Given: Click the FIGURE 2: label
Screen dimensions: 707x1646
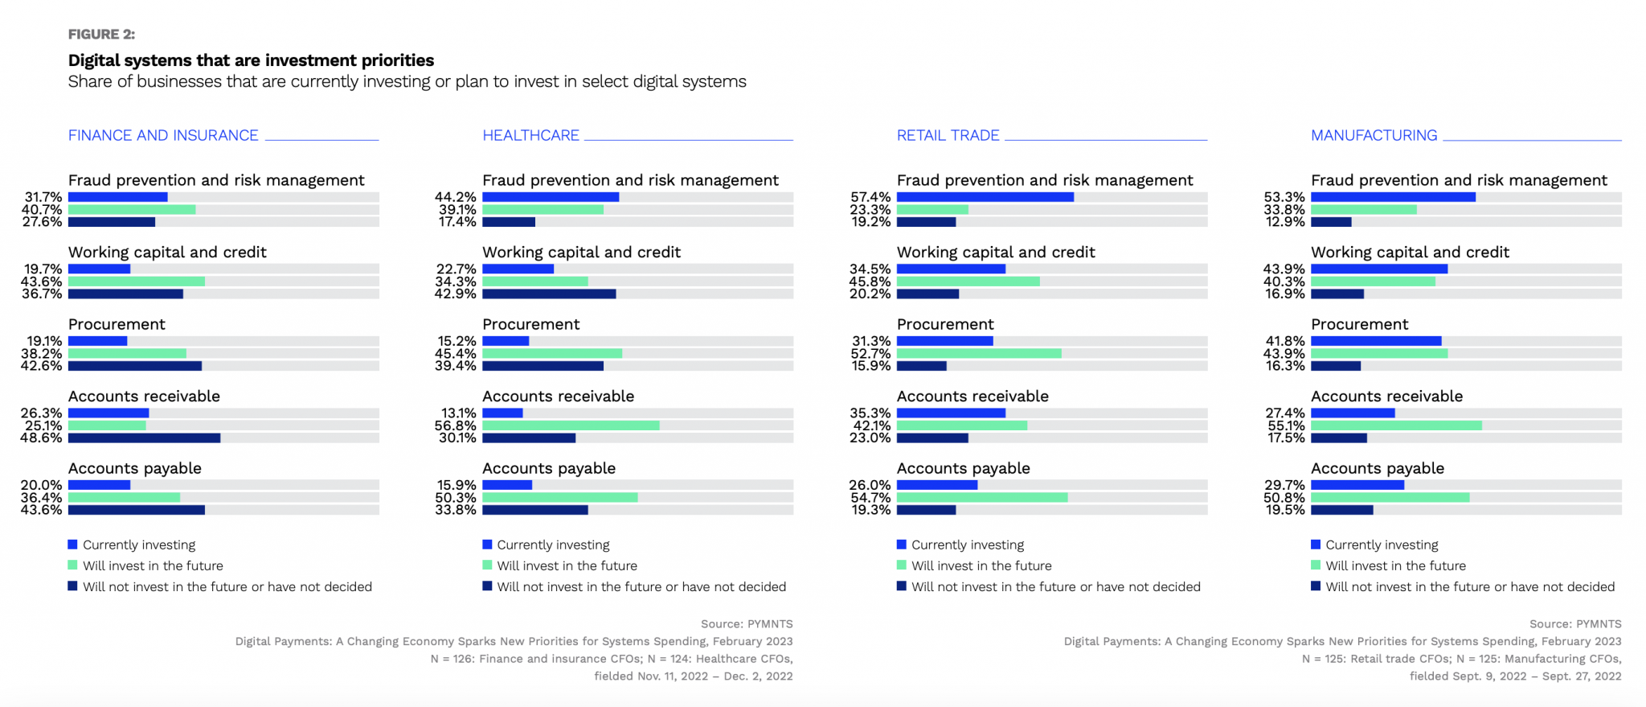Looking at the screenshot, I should point(101,34).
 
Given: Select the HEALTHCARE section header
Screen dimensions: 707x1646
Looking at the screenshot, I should point(530,135).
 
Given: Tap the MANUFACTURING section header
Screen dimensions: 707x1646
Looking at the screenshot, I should point(1374,135).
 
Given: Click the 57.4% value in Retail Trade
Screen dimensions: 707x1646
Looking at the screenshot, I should point(870,197).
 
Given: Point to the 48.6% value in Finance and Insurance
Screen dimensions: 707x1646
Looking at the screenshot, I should point(42,438).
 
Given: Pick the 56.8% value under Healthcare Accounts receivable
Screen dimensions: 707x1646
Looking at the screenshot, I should point(456,425).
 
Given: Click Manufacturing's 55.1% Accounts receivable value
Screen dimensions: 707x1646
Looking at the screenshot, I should point(1284,425).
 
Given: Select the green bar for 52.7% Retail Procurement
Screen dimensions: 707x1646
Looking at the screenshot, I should point(979,353).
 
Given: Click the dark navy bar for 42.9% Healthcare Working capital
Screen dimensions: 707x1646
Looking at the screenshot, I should point(549,294).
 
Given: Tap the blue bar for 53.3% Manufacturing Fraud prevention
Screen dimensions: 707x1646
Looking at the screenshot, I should point(1393,197).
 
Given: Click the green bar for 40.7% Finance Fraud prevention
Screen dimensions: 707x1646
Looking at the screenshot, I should point(132,209).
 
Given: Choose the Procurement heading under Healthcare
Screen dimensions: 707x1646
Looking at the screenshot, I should point(530,324).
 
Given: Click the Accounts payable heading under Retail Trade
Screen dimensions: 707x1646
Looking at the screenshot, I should point(963,468).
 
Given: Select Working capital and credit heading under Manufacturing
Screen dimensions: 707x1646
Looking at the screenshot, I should point(1410,252).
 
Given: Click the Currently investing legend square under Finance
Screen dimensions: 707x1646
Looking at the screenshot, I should point(73,545).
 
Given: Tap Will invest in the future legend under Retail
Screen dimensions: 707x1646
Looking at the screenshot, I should point(981,565).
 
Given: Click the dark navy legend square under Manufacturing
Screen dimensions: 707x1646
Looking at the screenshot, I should point(1316,586).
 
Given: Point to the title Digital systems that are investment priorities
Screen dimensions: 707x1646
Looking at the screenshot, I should point(251,60).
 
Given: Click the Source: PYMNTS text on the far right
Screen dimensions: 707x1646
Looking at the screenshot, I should point(1574,623).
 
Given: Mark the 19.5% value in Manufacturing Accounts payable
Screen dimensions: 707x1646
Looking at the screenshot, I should point(1284,510).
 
